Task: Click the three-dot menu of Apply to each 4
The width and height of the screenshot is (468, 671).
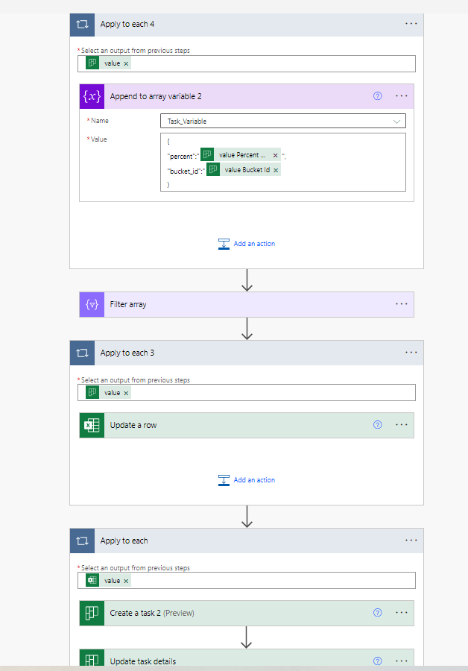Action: pos(411,23)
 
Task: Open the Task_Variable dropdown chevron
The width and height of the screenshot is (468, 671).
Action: pos(396,121)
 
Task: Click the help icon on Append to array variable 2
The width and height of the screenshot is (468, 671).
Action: pos(377,96)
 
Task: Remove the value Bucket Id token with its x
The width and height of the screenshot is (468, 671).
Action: pos(276,170)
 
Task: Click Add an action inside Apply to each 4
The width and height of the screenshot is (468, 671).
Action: pos(247,244)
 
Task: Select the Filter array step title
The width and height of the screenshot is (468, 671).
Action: pos(128,304)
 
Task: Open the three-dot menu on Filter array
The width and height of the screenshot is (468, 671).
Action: pos(402,304)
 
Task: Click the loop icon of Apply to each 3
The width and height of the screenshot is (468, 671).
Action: pos(83,353)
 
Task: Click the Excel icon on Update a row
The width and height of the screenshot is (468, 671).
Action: pos(92,425)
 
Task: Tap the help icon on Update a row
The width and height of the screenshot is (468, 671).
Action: pos(377,425)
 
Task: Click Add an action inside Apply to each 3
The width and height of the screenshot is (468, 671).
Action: pos(247,480)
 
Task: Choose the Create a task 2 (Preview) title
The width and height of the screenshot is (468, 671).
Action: pos(151,613)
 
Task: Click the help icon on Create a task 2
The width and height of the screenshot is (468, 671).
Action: pos(377,613)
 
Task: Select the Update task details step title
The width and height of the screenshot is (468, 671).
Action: pos(142,661)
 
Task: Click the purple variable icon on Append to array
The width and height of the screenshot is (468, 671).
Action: pos(92,96)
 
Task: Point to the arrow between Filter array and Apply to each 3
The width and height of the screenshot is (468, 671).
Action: pos(247,328)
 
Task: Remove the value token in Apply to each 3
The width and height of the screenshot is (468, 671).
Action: pos(126,393)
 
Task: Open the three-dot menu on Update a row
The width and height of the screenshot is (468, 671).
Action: pos(402,425)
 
